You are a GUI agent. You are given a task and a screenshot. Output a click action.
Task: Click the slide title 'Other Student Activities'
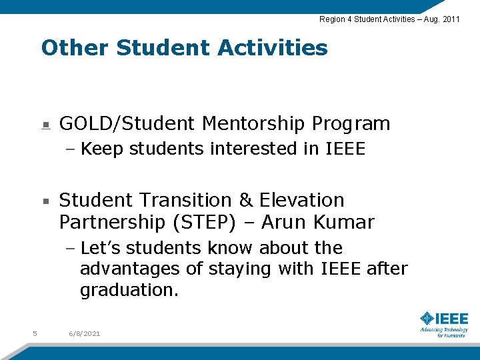tap(184, 48)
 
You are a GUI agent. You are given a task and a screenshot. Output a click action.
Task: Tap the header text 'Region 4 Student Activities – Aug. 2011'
tap(389, 19)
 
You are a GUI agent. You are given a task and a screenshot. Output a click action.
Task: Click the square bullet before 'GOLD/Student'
tap(45, 125)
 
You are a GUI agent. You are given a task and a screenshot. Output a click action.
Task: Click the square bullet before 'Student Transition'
tap(45, 201)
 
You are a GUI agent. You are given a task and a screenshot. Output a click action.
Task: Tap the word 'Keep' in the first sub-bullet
tap(102, 149)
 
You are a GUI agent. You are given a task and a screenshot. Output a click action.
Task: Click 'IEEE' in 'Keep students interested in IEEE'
tap(345, 149)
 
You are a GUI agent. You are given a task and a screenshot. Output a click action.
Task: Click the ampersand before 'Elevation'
tap(246, 200)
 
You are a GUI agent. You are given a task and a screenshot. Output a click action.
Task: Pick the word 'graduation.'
tap(129, 291)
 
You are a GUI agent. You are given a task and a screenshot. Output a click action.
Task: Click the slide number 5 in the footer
tap(34, 333)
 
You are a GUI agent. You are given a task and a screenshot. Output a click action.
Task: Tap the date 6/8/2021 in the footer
tap(84, 333)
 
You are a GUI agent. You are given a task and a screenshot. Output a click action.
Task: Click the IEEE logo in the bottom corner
tap(443, 323)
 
